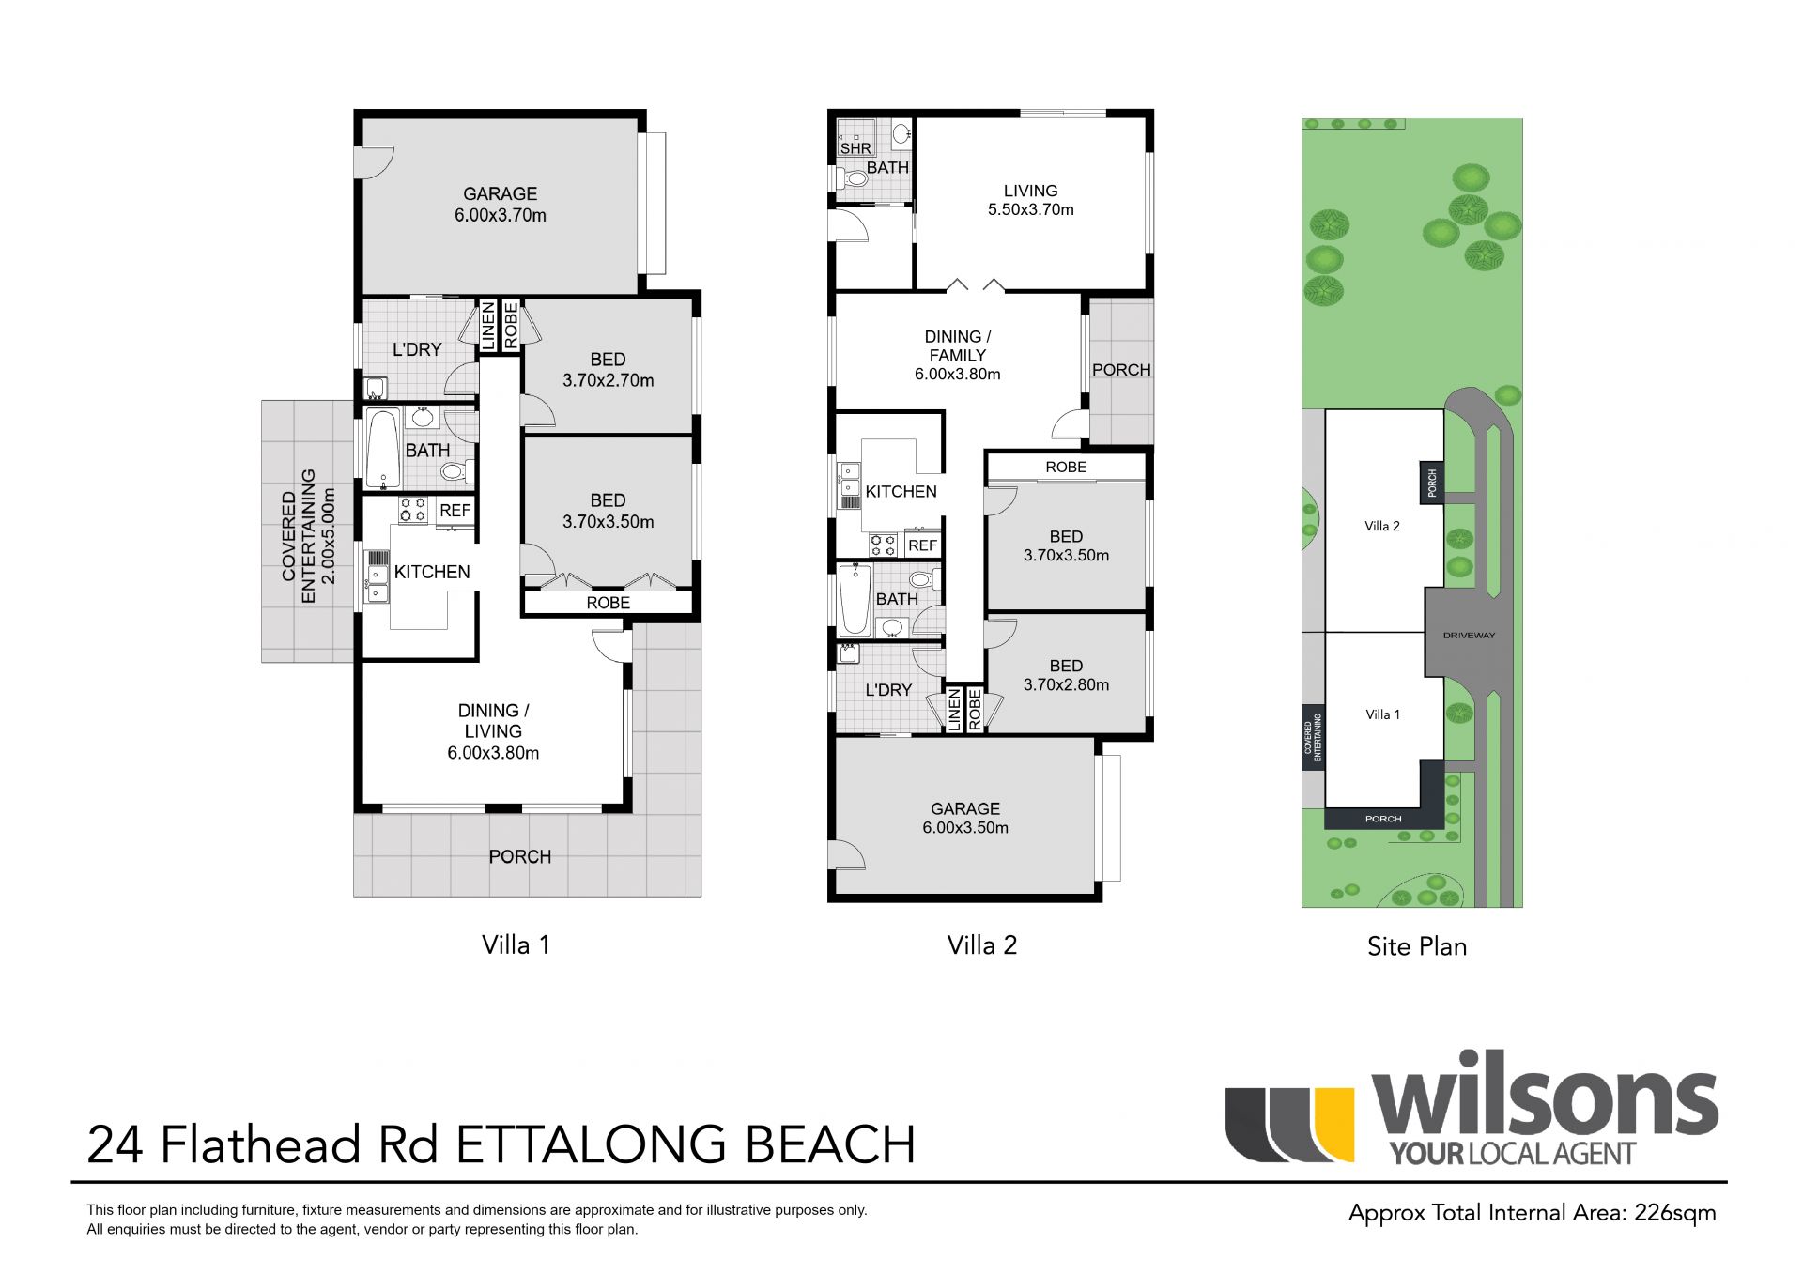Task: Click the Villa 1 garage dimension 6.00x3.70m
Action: [500, 215]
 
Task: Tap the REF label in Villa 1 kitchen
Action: [455, 511]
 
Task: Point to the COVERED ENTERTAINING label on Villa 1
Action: [298, 536]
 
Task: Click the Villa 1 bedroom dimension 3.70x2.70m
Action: [608, 380]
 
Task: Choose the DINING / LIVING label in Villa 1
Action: [493, 721]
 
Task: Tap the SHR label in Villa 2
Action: [855, 148]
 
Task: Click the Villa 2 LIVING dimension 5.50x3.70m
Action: [1030, 209]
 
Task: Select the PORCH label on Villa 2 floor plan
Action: [1121, 370]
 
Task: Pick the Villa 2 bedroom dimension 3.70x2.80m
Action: [1066, 685]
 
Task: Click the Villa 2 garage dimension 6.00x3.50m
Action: [965, 828]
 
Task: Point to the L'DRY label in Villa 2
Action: [888, 690]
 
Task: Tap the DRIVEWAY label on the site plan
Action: [1469, 636]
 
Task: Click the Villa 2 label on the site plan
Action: [1382, 526]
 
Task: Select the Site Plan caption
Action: [1417, 946]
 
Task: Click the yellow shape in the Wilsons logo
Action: [1333, 1124]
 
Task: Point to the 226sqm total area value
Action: [1675, 1213]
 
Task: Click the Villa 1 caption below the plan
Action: [516, 944]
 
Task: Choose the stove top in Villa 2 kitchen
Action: [883, 544]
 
